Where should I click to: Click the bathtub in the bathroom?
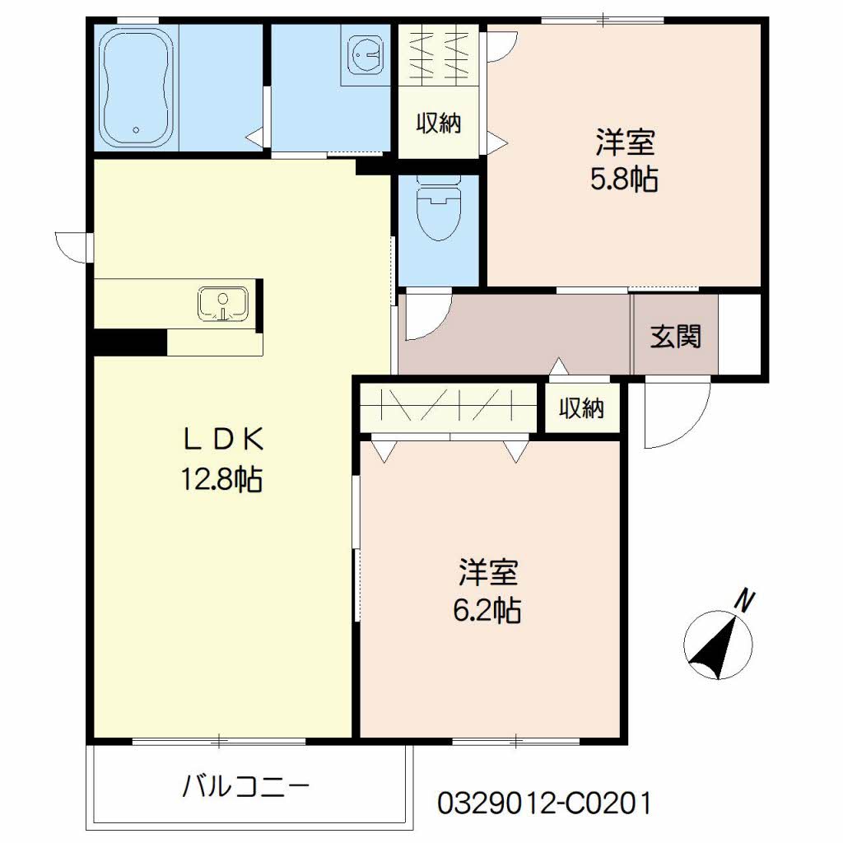pos(137,88)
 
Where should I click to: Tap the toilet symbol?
pos(438,212)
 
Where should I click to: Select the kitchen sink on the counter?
pos(223,304)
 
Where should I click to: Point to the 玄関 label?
pos(675,336)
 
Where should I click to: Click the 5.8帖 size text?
pos(624,179)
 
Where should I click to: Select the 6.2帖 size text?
pos(487,610)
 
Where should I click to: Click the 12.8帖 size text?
pos(221,478)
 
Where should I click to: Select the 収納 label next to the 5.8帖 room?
pos(438,124)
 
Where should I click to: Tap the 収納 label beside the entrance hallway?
pos(583,408)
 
